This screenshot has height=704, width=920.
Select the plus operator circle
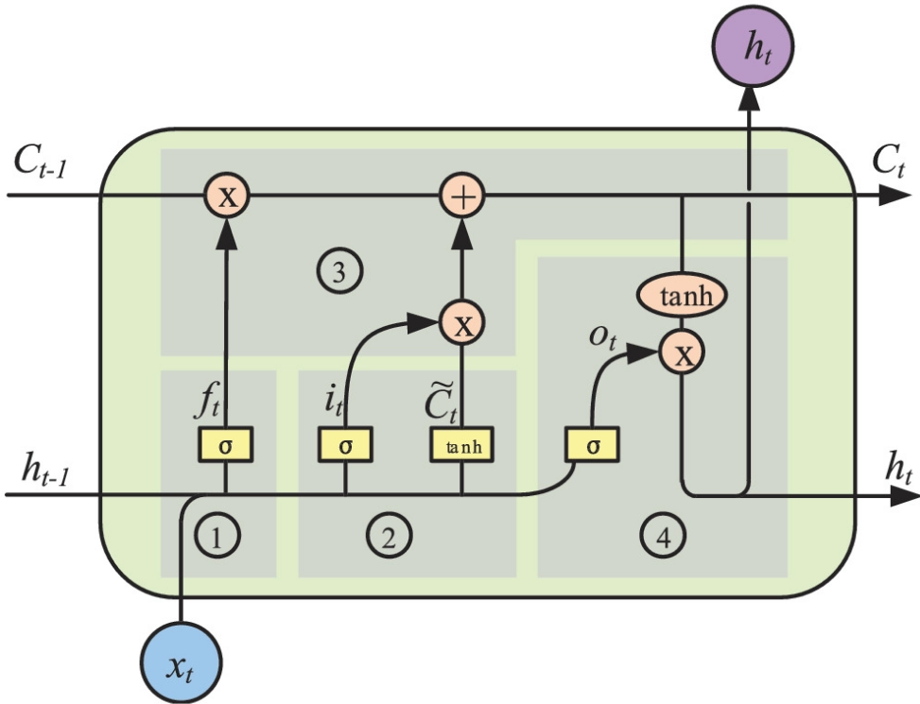[x=462, y=197]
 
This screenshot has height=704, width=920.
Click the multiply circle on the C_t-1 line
[x=226, y=197]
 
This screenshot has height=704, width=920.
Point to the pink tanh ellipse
[x=682, y=298]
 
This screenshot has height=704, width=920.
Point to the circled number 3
[x=338, y=272]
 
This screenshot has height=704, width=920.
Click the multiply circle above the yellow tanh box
[x=462, y=324]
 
